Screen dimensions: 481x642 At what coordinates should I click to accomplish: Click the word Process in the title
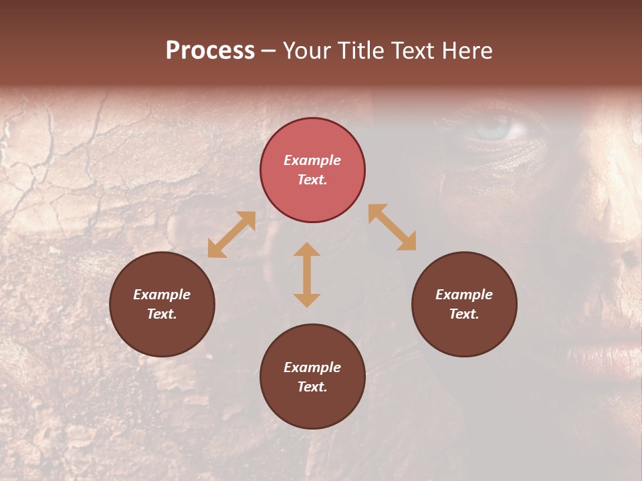210,51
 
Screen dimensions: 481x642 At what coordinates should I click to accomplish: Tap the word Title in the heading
360,51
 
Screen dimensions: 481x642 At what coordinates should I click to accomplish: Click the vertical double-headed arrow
307,275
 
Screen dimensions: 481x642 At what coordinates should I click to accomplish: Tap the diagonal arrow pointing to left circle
231,234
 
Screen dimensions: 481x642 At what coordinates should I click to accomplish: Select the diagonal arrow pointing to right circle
393,227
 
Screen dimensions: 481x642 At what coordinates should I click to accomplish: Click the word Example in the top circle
312,160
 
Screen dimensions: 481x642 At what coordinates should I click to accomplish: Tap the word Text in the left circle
162,314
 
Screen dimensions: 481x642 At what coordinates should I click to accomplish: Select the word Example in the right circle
464,295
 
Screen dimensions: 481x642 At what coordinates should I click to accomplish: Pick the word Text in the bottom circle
312,387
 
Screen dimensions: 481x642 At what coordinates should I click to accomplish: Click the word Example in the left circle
162,295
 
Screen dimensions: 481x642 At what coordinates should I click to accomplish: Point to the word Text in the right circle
464,314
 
